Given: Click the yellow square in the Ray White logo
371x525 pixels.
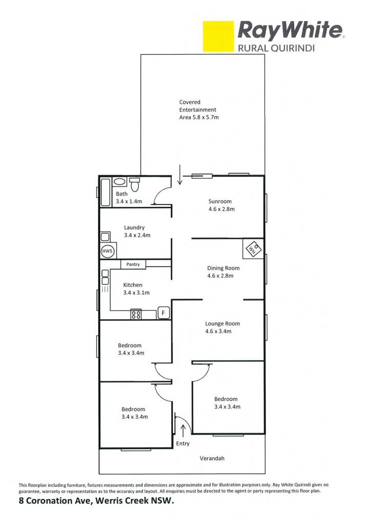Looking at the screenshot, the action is (219, 36).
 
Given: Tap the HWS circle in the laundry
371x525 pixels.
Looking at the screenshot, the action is (107, 251).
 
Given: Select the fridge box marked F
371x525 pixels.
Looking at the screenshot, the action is (163, 313).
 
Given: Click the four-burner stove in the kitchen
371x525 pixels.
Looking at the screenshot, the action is (136, 314).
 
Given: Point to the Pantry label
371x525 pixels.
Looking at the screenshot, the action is (133, 264).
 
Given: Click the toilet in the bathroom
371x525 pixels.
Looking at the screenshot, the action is (135, 184).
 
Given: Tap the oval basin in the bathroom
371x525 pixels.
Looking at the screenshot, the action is (119, 182).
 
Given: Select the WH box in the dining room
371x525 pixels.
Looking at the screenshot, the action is (253, 249).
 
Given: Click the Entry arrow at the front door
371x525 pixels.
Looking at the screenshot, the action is (183, 431).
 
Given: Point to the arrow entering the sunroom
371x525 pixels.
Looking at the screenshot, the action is (180, 174).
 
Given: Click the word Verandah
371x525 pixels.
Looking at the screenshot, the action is (212, 458).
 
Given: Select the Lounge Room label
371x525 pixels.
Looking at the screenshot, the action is (223, 324).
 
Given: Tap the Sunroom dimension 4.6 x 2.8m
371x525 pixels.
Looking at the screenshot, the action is (222, 209).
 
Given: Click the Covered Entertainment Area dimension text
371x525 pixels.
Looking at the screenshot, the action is (199, 117).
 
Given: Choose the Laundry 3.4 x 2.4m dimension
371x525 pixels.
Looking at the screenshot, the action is (137, 235).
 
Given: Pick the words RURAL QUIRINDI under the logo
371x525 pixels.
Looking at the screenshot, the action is (276, 48).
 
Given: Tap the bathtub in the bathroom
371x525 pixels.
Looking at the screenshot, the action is (105, 192).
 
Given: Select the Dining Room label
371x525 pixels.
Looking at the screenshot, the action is (223, 268).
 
